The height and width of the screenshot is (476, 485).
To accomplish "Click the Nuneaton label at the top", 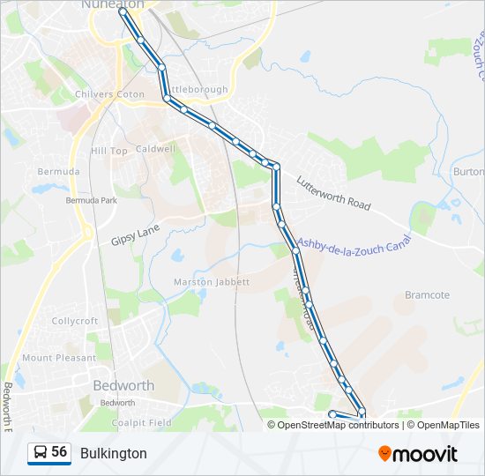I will [112, 4].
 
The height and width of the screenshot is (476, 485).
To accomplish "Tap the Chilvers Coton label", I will [110, 94].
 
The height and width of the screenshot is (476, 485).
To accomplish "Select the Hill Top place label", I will [109, 151].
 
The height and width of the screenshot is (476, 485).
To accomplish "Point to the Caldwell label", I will [156, 149].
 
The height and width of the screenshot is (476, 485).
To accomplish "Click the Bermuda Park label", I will [91, 200].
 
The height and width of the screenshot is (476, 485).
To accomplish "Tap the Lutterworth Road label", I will [333, 191].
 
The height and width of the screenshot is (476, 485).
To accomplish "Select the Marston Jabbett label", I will [212, 282].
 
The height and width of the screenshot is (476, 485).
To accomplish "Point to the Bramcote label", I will [427, 295].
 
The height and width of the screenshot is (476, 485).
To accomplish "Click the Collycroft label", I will [75, 321].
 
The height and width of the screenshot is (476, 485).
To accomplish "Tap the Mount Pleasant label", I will [59, 358].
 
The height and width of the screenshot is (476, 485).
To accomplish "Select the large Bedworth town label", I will [124, 385].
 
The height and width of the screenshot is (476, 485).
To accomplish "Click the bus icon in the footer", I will [41, 452].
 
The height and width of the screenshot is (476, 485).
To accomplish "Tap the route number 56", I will [59, 451].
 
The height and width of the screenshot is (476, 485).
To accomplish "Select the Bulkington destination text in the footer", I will [114, 453].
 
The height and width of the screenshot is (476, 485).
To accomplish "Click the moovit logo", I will [418, 453].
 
